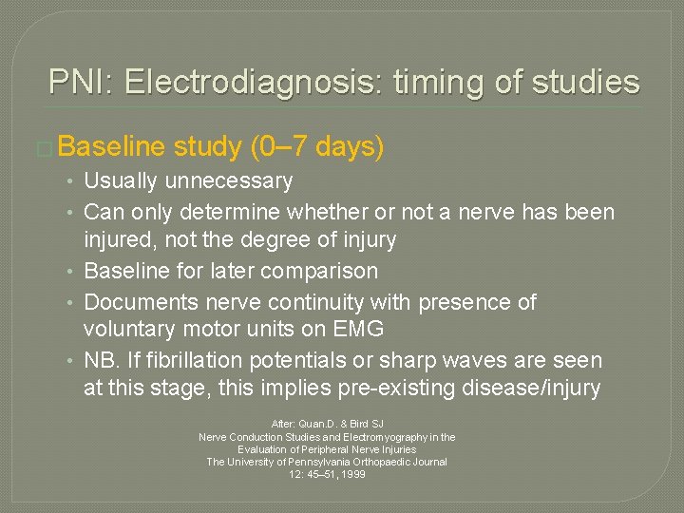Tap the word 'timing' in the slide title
point(432,82)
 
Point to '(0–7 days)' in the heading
point(315,147)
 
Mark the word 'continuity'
point(297,302)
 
